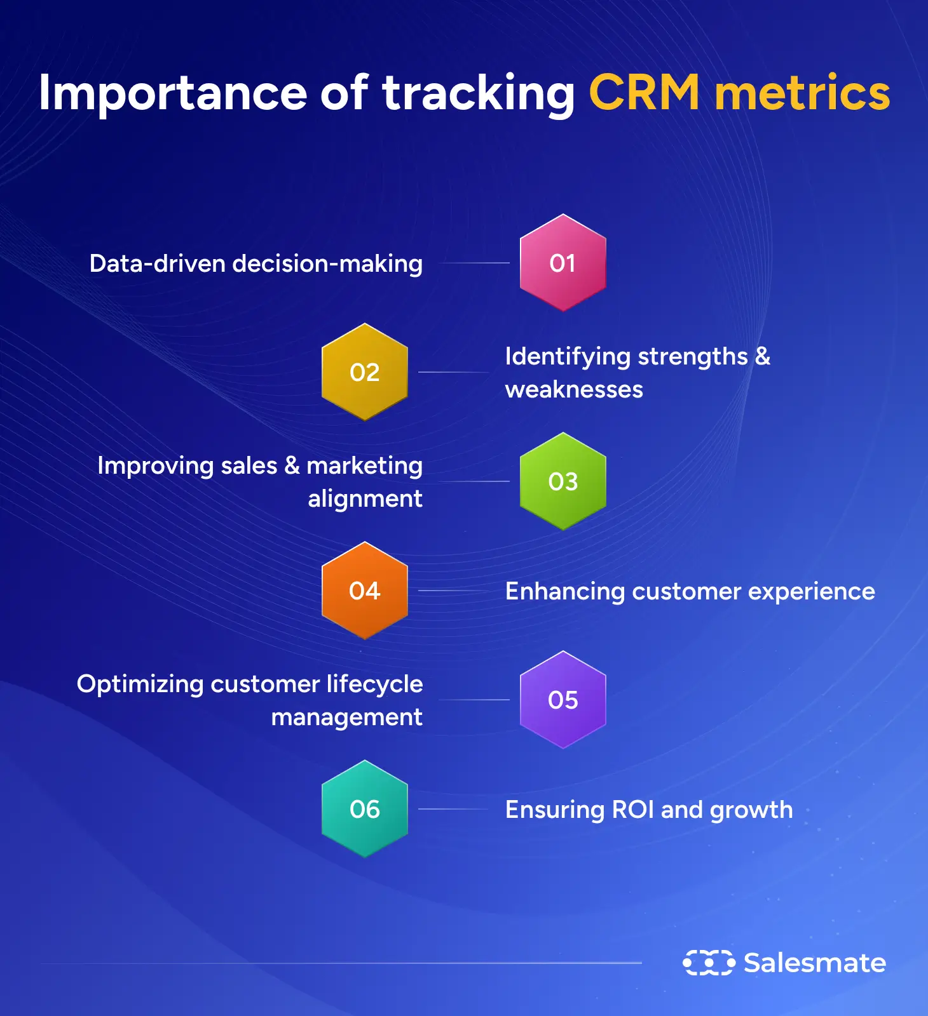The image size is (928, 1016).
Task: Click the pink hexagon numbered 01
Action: [563, 263]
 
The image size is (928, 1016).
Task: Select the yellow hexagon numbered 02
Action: [364, 372]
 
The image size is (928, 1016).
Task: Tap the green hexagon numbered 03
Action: [563, 481]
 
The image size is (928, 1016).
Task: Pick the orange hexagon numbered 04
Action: [364, 591]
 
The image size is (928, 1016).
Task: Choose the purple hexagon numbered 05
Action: [563, 700]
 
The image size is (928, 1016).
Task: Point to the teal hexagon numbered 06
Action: [364, 809]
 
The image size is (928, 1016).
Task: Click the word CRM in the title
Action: [645, 93]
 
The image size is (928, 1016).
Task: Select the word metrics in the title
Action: [803, 93]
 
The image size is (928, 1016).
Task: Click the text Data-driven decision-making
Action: [256, 264]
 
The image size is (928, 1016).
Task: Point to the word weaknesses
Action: [574, 389]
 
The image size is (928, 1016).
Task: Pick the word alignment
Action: [365, 499]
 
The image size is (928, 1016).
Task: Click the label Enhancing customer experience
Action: [690, 592]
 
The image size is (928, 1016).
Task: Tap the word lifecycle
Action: [374, 685]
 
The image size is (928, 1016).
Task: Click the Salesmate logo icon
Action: [709, 963]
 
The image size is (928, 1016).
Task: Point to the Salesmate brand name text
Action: [815, 963]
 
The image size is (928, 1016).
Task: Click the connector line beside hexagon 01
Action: [474, 263]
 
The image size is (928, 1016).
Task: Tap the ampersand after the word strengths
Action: [762, 356]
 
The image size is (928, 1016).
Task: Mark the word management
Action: [347, 718]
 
